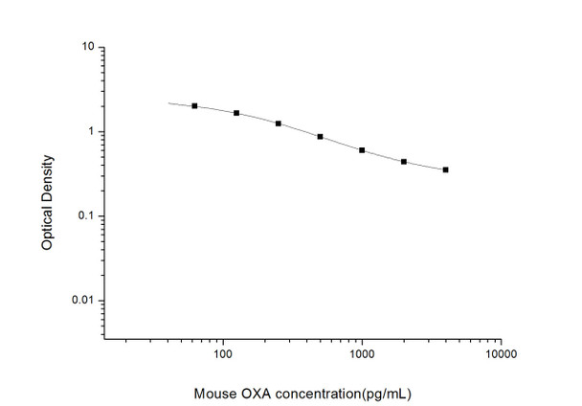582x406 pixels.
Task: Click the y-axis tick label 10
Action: click(86, 47)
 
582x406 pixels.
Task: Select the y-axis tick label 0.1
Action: click(84, 215)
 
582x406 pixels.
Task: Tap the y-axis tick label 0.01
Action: click(81, 301)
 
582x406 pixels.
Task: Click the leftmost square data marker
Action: click(194, 106)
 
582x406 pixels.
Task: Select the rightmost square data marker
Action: click(445, 169)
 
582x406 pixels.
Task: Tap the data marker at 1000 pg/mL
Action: click(362, 150)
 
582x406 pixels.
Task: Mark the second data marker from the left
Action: click(236, 113)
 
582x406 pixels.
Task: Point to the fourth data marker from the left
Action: click(320, 137)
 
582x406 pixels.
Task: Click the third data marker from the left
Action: click(278, 124)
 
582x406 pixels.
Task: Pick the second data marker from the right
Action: click(404, 162)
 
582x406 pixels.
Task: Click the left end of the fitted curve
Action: click(169, 102)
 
